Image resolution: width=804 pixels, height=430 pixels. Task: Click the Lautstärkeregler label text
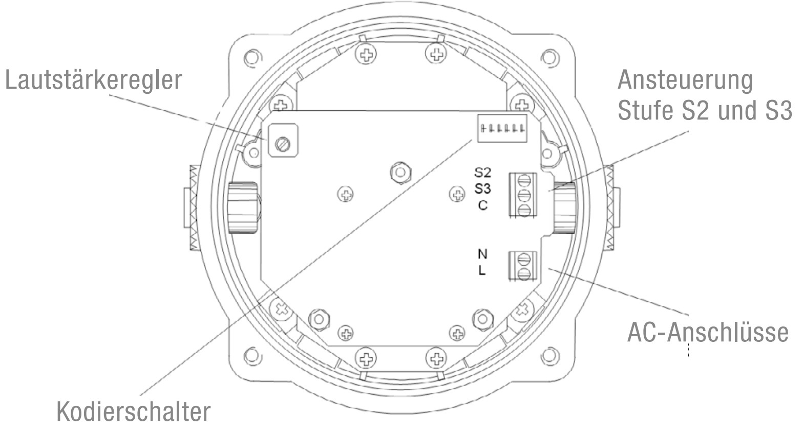[x=93, y=80]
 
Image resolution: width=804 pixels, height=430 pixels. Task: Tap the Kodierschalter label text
[x=134, y=412]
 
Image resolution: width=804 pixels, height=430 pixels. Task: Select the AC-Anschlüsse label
[x=707, y=332]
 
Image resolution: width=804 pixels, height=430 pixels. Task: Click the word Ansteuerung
[x=685, y=80]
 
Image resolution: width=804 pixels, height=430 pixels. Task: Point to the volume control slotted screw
[x=283, y=145]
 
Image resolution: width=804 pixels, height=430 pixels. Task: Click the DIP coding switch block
[x=502, y=128]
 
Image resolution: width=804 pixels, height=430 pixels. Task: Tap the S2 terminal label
[x=482, y=173]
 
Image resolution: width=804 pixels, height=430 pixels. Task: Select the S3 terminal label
[x=482, y=189]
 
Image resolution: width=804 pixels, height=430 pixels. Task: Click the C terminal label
[x=483, y=205]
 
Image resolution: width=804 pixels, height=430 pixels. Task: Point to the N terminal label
[x=482, y=254]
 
